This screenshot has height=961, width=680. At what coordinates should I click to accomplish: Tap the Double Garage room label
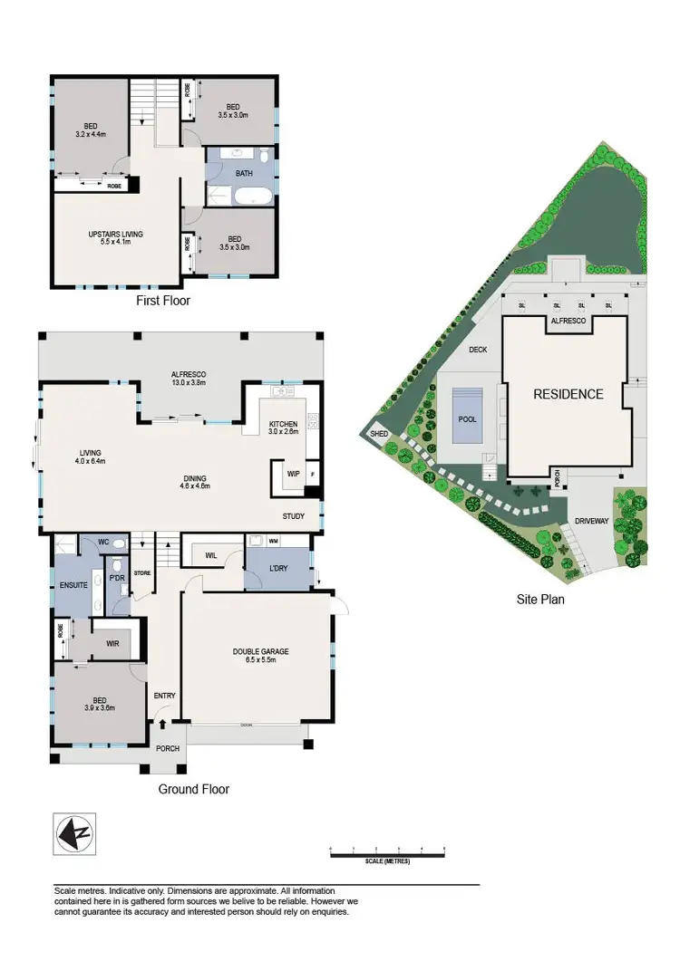click(x=260, y=655)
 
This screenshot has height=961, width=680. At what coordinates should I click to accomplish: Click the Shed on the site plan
click(x=379, y=435)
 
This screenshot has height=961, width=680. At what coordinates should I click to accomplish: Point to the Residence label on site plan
click(x=568, y=394)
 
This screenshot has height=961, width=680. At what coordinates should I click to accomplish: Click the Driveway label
click(x=590, y=522)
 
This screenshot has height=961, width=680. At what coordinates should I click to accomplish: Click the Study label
click(x=293, y=517)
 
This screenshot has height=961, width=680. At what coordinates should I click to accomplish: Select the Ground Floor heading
click(x=194, y=789)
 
